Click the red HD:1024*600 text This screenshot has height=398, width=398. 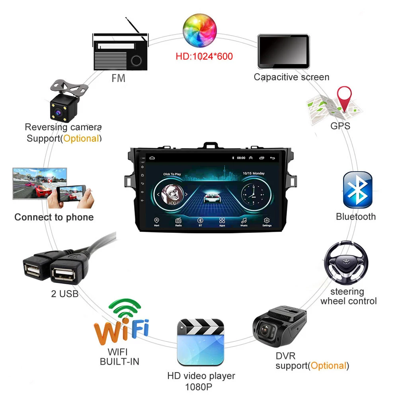[x=204, y=56]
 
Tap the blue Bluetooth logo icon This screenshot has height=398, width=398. [x=357, y=189]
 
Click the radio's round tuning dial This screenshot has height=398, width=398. [x=136, y=60]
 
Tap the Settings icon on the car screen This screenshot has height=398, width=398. [x=267, y=220]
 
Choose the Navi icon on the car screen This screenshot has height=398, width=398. [x=156, y=220]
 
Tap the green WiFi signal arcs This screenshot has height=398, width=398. [x=124, y=309]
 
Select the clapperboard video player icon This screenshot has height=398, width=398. [x=200, y=342]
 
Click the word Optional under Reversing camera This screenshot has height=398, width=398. [x=81, y=139]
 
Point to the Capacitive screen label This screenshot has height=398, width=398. [x=291, y=77]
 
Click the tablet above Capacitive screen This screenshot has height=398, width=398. [x=283, y=51]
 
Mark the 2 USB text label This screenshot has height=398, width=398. [x=64, y=294]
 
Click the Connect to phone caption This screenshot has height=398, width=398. [x=54, y=217]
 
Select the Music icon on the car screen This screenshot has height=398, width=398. [x=244, y=220]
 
